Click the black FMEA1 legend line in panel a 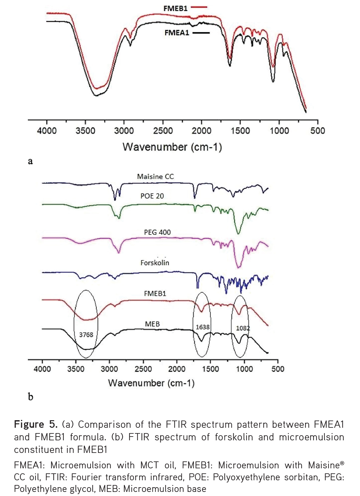(201, 33)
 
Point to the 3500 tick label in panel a (85, 131)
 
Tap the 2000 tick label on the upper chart (201, 131)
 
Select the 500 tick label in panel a (317, 131)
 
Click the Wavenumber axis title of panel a (172, 147)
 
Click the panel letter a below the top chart (30, 161)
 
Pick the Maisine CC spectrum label (155, 177)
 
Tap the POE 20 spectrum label (152, 196)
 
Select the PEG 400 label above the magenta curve (157, 232)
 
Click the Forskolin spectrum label (155, 263)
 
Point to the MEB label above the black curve (152, 324)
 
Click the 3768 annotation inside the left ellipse (86, 335)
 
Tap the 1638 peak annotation (202, 327)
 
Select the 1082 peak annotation (243, 328)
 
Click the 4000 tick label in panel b (42, 369)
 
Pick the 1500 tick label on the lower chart (210, 369)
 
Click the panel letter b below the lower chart (30, 397)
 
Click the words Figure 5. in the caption (36, 425)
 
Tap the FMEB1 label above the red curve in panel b (155, 293)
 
